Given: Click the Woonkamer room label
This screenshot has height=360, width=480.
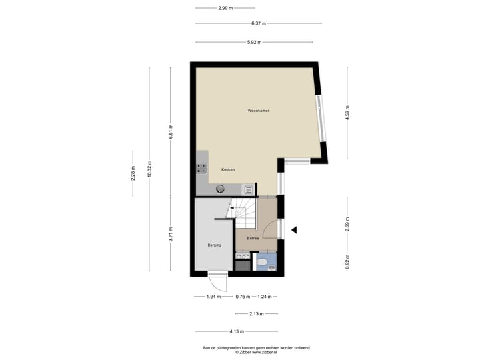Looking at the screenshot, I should tap(258, 110).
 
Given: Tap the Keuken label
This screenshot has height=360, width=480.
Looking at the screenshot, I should tap(228, 169).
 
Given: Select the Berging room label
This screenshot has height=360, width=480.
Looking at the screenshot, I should tap(214, 245).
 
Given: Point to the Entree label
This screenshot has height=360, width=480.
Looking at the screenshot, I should tap(253, 238).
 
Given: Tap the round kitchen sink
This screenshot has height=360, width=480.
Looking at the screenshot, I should tap(221, 189).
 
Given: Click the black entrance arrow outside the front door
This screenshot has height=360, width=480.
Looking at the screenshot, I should tap(294, 230).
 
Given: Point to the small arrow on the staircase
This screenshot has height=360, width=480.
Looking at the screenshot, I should tap(232, 208).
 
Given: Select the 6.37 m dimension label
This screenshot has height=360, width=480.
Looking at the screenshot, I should tap(259, 23).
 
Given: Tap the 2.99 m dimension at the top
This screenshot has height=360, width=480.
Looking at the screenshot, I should tap(225, 8).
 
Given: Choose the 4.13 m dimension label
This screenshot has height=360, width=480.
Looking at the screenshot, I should tap(236, 331).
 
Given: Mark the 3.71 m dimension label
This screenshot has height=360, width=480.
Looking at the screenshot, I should tap(171, 234).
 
